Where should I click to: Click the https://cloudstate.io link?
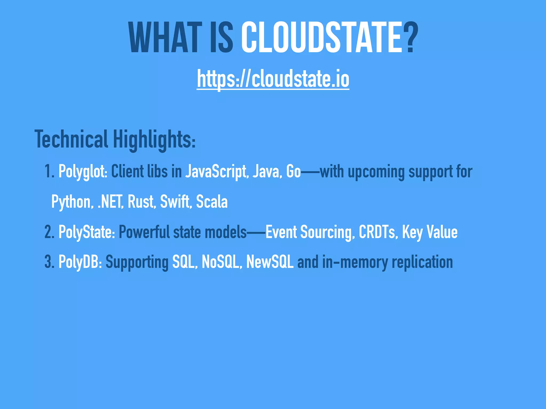273,79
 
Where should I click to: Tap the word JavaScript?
216,171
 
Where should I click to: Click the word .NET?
110,202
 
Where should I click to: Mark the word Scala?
212,202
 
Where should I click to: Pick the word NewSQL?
270,262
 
